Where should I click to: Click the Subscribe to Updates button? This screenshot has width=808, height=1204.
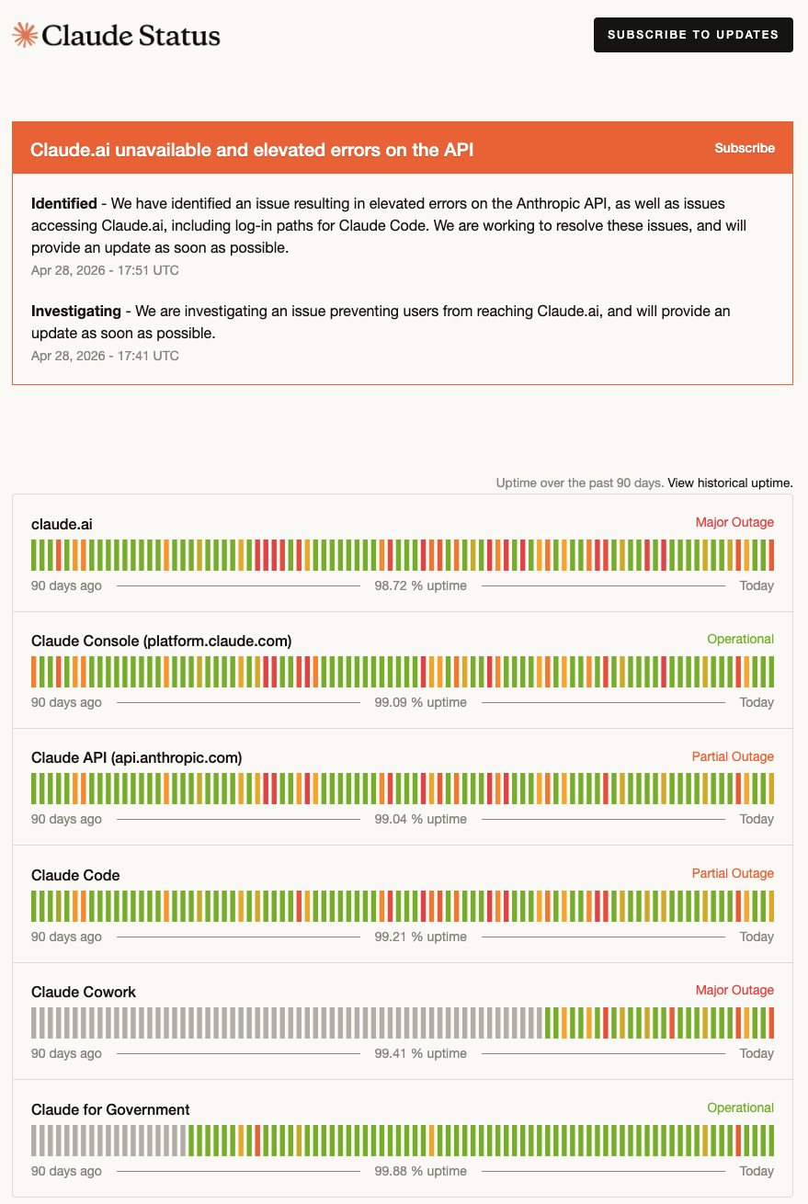(x=693, y=35)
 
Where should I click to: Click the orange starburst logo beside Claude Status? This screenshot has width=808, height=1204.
(x=25, y=35)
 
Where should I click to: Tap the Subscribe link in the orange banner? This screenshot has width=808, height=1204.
(x=744, y=148)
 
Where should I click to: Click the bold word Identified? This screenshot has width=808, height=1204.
(x=64, y=204)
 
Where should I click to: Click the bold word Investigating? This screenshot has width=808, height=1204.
(x=75, y=312)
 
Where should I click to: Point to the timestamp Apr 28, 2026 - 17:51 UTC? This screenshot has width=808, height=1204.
(x=105, y=270)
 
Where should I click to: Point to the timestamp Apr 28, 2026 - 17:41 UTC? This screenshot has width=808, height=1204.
(x=105, y=356)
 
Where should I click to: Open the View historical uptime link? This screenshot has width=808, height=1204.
(x=730, y=483)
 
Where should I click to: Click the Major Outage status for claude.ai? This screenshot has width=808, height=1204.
(x=734, y=522)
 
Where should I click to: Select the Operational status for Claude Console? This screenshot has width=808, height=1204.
(x=740, y=639)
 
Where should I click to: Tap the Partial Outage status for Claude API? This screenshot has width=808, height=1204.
(x=733, y=756)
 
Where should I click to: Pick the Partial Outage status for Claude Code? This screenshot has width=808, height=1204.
(x=733, y=873)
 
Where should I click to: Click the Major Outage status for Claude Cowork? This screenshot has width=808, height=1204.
(x=734, y=990)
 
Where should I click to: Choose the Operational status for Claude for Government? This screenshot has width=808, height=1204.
(x=740, y=1107)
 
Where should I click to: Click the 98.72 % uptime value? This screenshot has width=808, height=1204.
(x=420, y=585)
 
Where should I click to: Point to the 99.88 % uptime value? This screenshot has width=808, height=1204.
(x=420, y=1171)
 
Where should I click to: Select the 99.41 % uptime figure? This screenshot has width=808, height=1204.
(x=420, y=1053)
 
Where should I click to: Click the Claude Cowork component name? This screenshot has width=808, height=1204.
(x=84, y=993)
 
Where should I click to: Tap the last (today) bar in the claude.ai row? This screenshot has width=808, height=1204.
(x=771, y=555)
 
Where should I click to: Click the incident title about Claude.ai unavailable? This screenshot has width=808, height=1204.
(x=252, y=150)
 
